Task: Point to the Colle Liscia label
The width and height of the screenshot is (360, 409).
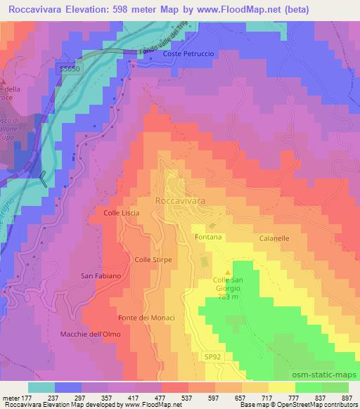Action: click(122, 212)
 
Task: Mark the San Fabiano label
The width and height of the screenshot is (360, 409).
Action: click(101, 275)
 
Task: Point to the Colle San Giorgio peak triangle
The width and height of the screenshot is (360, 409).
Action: click(227, 272)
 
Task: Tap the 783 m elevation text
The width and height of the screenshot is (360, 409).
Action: click(227, 297)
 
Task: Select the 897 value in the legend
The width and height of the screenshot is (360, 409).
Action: click(347, 398)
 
